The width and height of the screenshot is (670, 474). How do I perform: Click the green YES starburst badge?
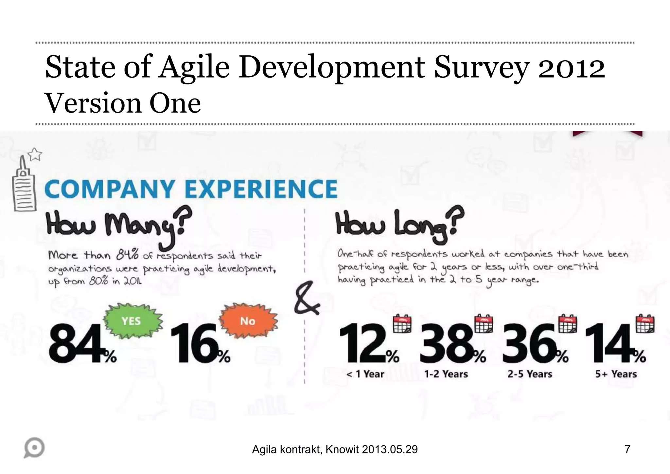tap(132, 321)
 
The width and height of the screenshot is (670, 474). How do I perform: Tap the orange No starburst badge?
tap(248, 321)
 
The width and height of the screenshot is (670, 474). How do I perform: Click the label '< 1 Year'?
tap(365, 374)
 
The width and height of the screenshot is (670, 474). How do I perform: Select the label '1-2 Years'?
tap(446, 374)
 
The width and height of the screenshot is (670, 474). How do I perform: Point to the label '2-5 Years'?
tap(530, 374)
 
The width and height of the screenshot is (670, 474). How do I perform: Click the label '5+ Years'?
tap(616, 374)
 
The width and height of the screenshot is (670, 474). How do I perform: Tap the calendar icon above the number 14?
tap(645, 324)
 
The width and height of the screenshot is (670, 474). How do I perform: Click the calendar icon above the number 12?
tap(402, 324)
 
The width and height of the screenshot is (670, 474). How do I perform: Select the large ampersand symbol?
tap(306, 298)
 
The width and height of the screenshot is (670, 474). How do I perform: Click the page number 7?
tap(627, 449)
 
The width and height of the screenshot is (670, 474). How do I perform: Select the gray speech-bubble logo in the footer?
tap(34, 447)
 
